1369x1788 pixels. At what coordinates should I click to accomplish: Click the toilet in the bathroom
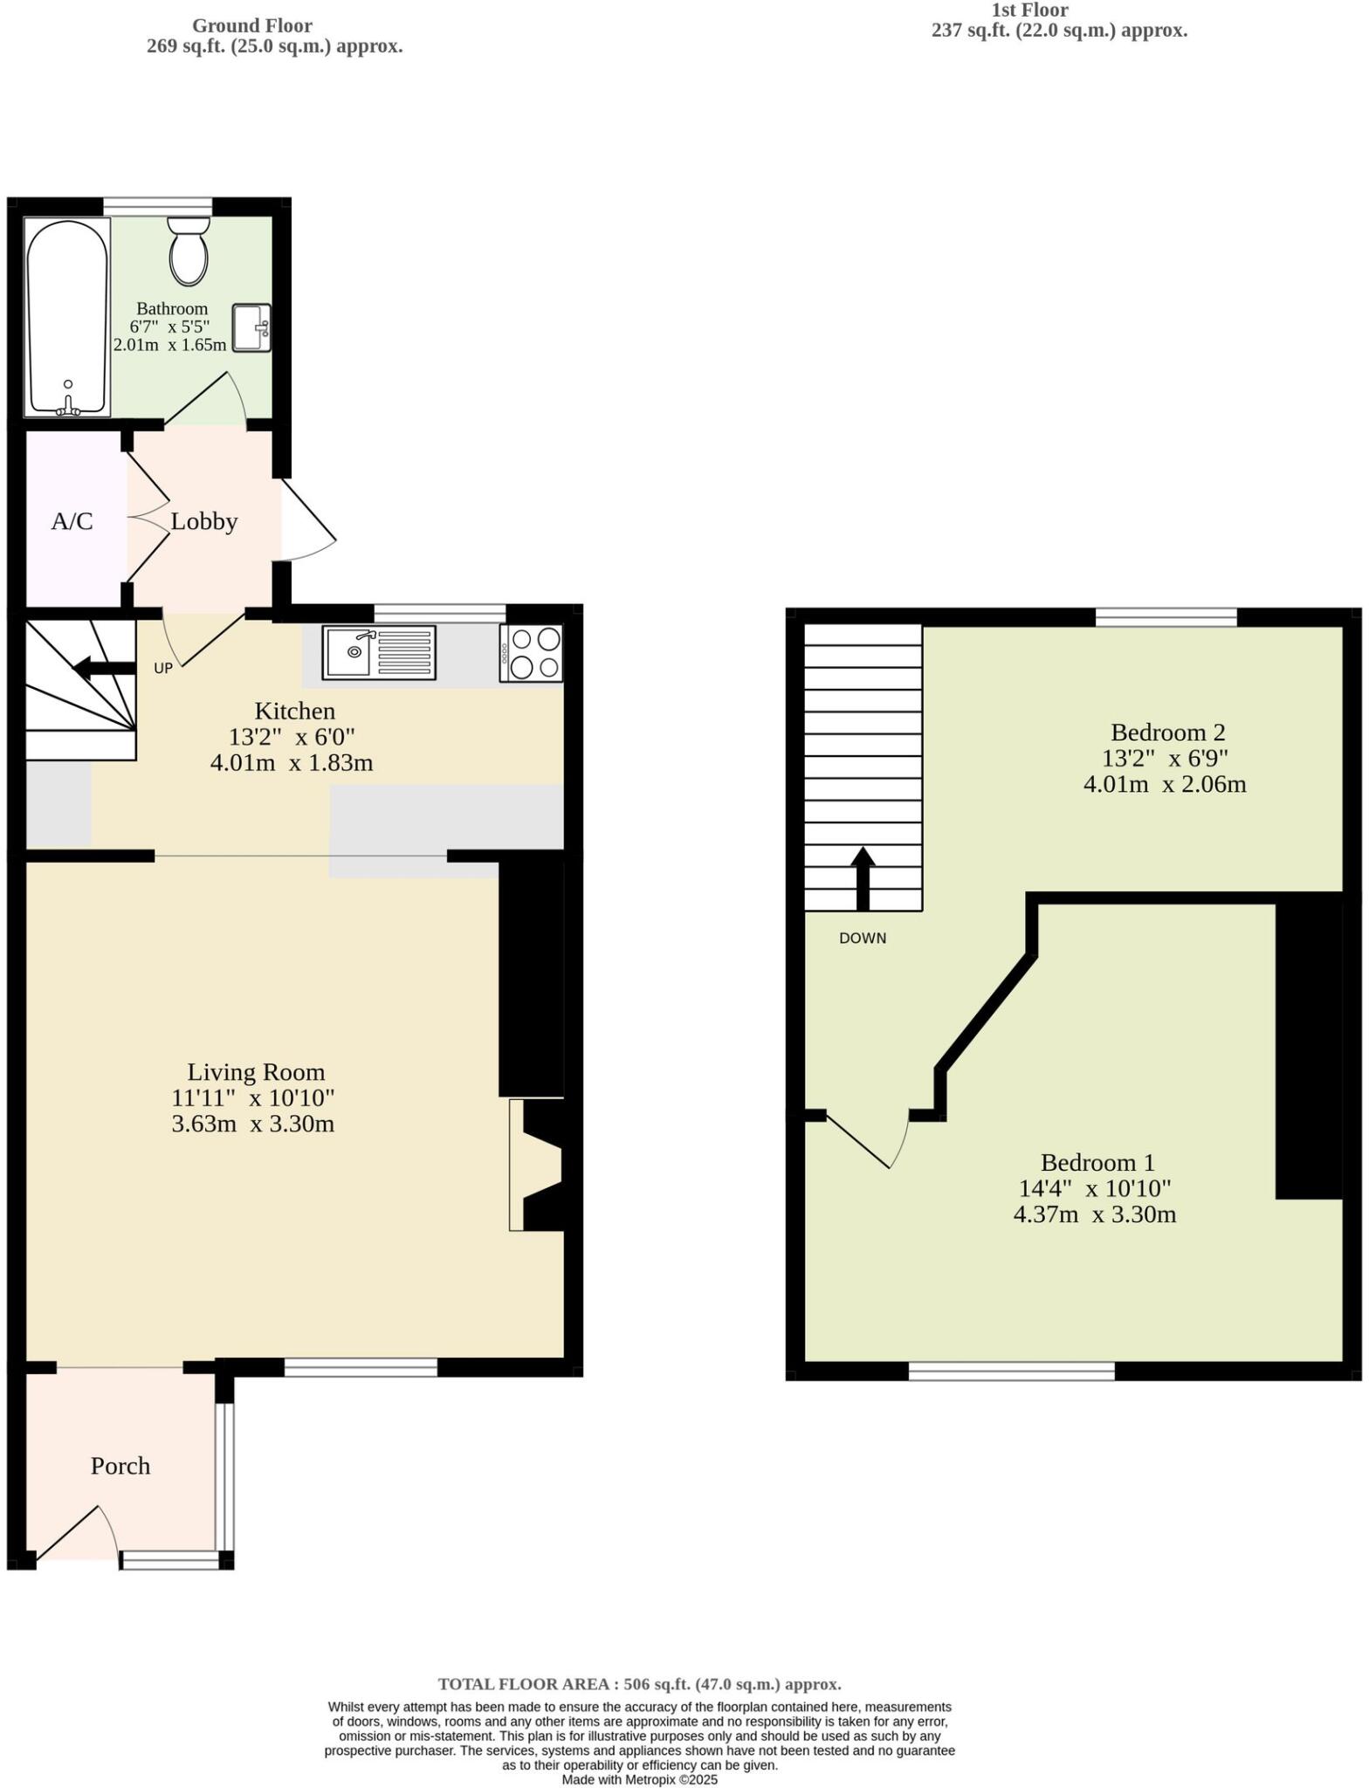tap(189, 253)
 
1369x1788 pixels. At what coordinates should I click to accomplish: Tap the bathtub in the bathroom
tap(68, 318)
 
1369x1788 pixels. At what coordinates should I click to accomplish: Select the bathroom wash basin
tap(251, 328)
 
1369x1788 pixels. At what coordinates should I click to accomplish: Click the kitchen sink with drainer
tap(379, 652)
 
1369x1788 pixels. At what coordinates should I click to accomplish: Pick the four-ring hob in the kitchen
tap(532, 653)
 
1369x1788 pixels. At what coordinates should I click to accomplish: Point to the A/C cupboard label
tap(72, 521)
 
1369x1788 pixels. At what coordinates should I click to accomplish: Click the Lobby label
tap(204, 521)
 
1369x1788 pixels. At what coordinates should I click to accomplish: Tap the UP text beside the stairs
tap(163, 669)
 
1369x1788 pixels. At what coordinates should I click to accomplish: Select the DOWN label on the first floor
tap(862, 939)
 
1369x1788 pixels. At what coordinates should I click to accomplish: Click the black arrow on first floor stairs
tap(863, 877)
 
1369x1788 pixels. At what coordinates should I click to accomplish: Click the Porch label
tap(120, 1466)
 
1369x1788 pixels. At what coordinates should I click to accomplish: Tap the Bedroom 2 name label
tap(1167, 732)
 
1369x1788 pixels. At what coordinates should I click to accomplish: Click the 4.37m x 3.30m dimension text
tap(1094, 1214)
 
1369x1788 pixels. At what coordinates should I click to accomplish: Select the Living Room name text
tap(256, 1072)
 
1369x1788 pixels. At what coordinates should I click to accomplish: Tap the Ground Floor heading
tap(251, 26)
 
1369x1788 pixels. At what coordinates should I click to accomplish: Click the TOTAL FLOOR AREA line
tap(639, 1684)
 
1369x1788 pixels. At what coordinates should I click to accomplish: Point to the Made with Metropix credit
tap(639, 1779)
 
